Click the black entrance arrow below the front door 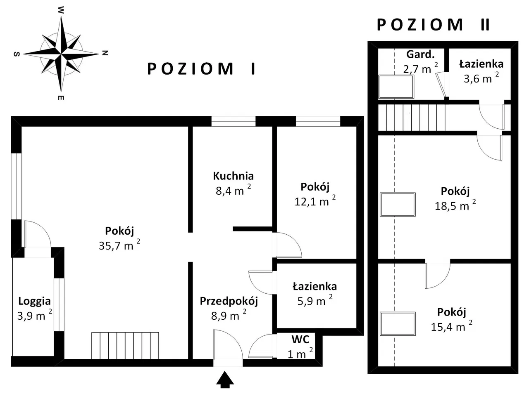[x=224, y=379]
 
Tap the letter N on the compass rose [x=105, y=53]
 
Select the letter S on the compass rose [x=17, y=54]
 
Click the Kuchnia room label [x=233, y=176]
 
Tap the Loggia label [x=34, y=302]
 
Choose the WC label [x=300, y=339]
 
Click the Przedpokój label [x=229, y=301]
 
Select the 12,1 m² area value [x=315, y=201]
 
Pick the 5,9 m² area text [x=315, y=300]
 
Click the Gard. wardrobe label [x=420, y=54]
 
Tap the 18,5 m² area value [x=455, y=205]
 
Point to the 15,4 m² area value [x=451, y=326]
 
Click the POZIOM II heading [x=433, y=25]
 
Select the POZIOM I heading [x=202, y=69]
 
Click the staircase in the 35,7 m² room [x=125, y=346]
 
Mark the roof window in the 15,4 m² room [x=398, y=324]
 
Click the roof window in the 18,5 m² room [x=398, y=204]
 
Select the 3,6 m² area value [x=481, y=78]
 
